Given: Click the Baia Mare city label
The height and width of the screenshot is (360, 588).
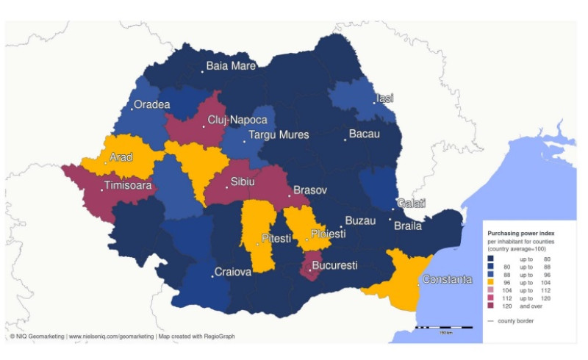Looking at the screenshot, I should pos(231,66).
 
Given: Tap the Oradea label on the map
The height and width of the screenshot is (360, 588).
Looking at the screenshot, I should pos(153,105).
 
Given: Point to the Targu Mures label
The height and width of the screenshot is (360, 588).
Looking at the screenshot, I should pos(279,135).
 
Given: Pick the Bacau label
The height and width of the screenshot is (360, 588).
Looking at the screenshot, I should pos(364,134).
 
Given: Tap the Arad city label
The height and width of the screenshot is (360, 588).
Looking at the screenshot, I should pos(121,157).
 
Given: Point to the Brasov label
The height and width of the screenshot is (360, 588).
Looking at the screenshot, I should pos(310,190).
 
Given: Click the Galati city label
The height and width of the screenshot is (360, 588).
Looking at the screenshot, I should pos(411,204).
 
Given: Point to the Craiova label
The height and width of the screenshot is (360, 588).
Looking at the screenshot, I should pos(233,273).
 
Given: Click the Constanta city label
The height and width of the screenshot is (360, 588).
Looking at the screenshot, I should pos(448,280).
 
